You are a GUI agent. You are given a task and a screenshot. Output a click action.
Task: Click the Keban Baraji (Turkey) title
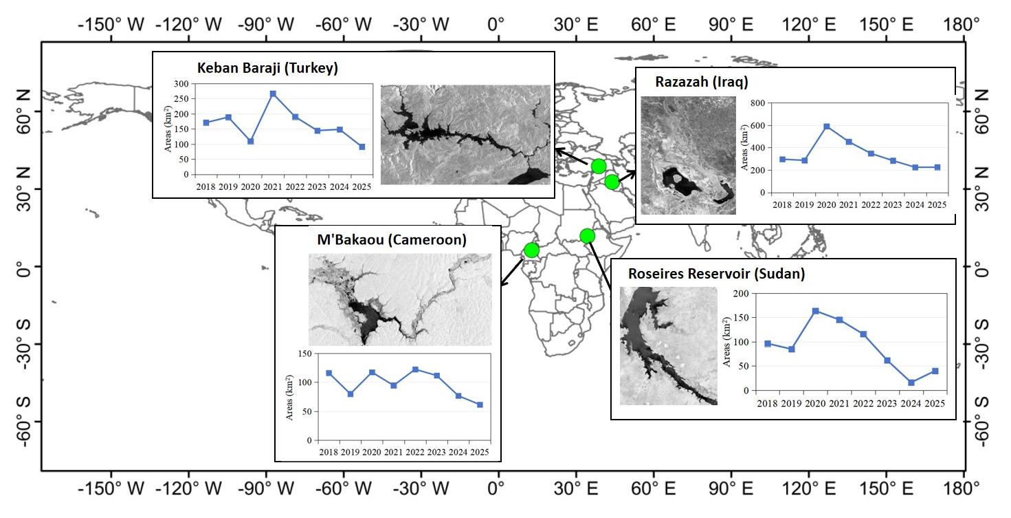tap(267, 68)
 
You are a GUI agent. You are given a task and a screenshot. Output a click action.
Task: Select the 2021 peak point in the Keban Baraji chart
tap(273, 94)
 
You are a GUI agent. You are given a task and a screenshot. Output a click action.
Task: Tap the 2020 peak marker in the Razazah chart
tap(827, 127)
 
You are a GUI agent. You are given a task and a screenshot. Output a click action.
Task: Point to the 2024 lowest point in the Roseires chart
tap(911, 382)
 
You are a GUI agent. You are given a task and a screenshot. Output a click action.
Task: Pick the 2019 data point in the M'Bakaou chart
tap(351, 393)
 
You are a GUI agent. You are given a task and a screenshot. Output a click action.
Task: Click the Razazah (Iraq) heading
tap(702, 82)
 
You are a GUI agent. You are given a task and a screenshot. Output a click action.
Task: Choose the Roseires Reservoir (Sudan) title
tap(716, 274)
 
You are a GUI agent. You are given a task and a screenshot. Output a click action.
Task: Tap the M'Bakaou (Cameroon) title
tap(392, 239)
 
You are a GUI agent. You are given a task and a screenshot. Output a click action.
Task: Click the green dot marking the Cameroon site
tap(532, 250)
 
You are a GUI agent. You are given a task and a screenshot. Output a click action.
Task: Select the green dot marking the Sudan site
tap(587, 236)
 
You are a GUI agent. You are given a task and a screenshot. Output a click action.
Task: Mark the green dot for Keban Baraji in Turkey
tap(599, 166)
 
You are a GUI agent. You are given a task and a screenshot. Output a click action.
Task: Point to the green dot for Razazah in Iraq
tap(612, 182)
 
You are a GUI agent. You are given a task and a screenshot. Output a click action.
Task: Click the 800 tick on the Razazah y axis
tap(758, 103)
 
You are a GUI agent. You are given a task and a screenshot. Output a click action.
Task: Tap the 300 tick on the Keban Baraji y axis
tap(181, 84)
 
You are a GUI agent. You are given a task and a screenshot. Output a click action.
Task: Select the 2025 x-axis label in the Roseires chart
tap(935, 403)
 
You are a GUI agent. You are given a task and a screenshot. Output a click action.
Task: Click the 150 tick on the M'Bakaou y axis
tap(304, 354)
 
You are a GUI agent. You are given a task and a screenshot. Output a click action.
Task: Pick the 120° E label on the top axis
tap(809, 24)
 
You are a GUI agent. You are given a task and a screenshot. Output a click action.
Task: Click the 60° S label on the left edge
tap(24, 422)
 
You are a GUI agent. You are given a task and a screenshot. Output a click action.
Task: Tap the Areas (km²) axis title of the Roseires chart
tap(726, 342)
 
